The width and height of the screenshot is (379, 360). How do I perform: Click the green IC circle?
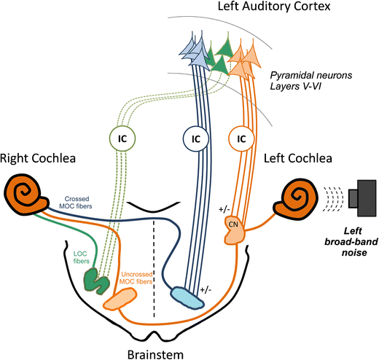[122, 136]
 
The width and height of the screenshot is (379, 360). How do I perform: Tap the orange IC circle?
[240, 136]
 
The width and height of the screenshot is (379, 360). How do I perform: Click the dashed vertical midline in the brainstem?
[153, 277]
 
